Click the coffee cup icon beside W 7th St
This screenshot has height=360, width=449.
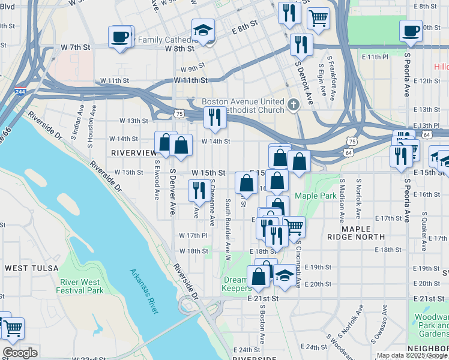coord(120,37)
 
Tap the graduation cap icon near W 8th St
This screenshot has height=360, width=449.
coord(203,31)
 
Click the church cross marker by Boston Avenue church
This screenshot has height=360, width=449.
coord(294,105)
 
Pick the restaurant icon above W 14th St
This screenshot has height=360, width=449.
coord(214,117)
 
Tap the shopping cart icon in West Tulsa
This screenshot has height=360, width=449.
coord(14,328)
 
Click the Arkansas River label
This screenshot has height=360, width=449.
coord(145,291)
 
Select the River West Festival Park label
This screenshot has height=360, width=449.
coord(82,286)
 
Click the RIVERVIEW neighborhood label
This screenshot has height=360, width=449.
coord(133,153)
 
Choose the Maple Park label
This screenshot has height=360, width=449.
coord(316,196)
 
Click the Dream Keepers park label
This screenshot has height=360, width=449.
coord(235,284)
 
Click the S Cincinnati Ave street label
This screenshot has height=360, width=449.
coord(298,262)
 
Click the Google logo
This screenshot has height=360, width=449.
coord(20,352)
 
